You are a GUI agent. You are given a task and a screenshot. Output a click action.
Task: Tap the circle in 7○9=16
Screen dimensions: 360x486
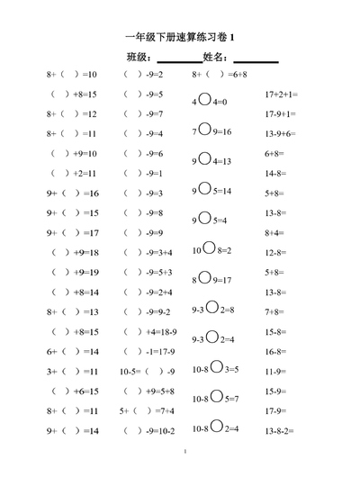pos(204,130)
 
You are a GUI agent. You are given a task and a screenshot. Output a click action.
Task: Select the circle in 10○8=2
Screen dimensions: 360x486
pos(210,248)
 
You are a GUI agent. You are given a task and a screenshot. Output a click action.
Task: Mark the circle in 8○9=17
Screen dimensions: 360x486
pos(204,279)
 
